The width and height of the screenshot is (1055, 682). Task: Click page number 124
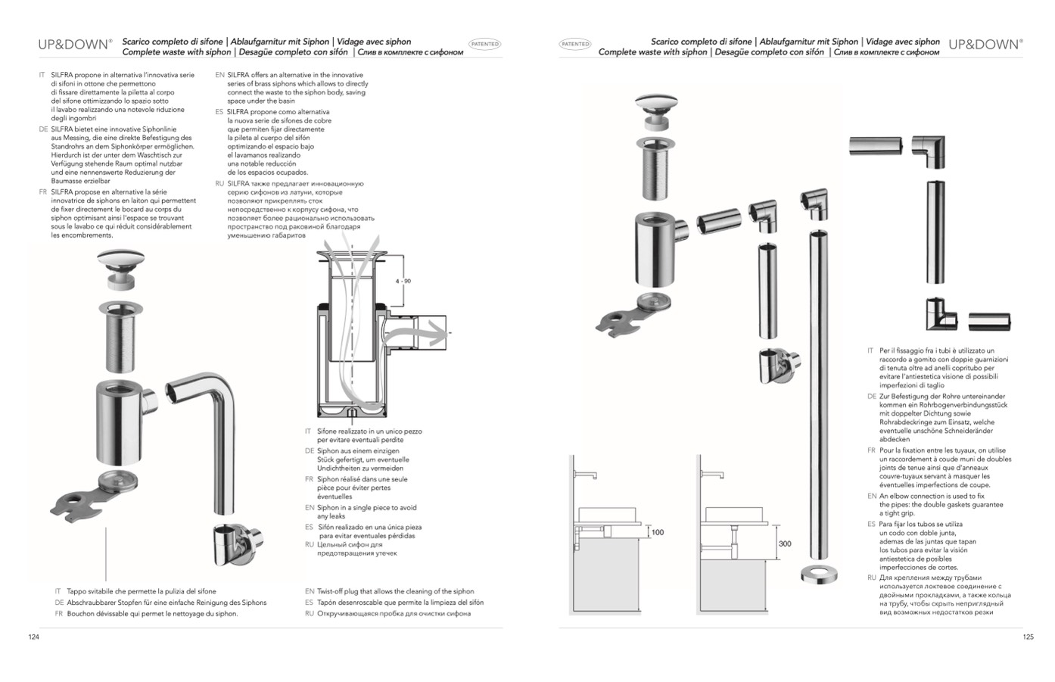33,637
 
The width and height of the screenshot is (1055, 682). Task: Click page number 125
1028,637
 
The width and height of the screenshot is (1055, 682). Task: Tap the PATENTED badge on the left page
484,44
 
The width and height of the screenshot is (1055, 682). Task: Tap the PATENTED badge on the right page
575,44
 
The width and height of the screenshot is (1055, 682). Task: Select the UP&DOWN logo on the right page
984,44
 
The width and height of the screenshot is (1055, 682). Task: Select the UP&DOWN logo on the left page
75,44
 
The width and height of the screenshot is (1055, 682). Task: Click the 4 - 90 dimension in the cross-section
403,281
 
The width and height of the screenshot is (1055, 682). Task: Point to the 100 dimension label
657,532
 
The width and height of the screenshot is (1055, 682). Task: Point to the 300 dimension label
784,543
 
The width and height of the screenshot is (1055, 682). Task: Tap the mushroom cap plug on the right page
656,107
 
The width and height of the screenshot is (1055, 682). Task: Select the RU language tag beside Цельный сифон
309,544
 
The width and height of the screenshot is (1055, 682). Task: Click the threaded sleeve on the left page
121,336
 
